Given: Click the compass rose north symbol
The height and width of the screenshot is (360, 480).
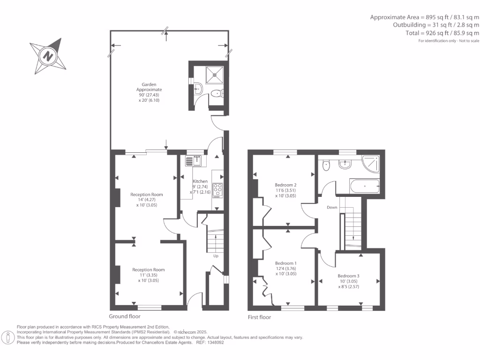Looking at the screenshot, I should click(x=48, y=57).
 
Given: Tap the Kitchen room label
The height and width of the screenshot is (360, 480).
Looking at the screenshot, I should click(x=200, y=181).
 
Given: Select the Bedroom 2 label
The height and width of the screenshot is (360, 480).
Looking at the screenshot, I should click(x=285, y=185).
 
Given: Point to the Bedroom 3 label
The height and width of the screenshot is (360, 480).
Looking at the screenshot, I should click(x=349, y=276).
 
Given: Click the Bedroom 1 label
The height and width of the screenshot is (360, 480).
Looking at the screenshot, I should click(x=285, y=263).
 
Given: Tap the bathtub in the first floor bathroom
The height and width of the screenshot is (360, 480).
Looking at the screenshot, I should click(x=364, y=187).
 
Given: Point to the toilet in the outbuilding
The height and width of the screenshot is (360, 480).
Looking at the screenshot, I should click(x=216, y=94).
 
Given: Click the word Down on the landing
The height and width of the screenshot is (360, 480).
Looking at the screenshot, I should click(x=332, y=207).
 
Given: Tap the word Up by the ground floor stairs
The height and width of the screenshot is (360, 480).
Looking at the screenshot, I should click(x=216, y=256).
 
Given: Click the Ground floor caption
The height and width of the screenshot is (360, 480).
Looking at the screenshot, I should click(x=125, y=316).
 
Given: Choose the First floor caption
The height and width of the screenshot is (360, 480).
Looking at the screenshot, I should click(x=259, y=317).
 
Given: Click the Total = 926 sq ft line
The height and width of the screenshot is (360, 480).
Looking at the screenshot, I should click(x=442, y=33).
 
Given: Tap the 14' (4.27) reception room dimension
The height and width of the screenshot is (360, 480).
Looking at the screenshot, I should click(x=147, y=200).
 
